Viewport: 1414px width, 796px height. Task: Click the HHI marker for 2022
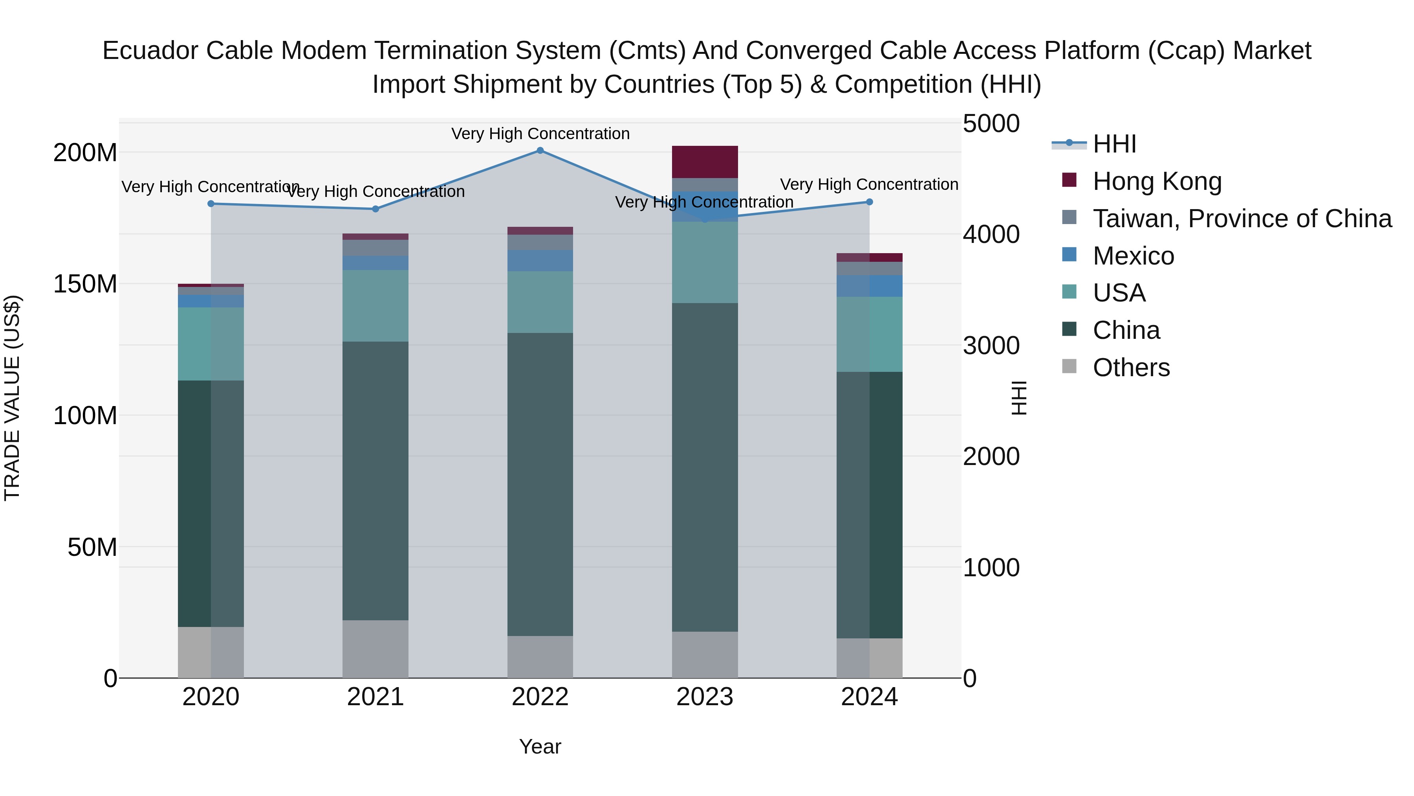[x=540, y=151]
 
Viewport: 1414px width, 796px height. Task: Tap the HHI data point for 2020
[x=211, y=204]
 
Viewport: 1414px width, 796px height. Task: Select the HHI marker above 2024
[x=870, y=202]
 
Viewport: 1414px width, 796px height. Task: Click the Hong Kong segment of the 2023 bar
[x=705, y=162]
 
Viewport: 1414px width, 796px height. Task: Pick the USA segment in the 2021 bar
[x=375, y=306]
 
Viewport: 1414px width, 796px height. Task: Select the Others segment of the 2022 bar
[x=540, y=656]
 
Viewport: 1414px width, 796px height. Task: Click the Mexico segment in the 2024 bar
[x=870, y=286]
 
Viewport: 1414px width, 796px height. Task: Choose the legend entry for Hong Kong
[x=1157, y=181]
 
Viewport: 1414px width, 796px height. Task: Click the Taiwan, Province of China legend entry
[x=1242, y=219]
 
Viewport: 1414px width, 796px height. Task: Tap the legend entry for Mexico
[x=1133, y=256]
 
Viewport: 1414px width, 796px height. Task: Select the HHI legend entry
[x=1114, y=144]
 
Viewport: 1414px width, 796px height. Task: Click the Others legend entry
[x=1131, y=368]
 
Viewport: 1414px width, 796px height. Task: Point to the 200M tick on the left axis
[x=85, y=153]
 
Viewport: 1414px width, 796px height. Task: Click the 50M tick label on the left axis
[x=92, y=547]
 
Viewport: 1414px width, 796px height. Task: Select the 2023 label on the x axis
[x=705, y=697]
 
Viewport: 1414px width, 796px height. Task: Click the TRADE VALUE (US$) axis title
[x=12, y=398]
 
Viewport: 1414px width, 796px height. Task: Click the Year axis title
[x=540, y=746]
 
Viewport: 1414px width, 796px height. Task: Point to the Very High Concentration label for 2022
[x=540, y=134]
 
